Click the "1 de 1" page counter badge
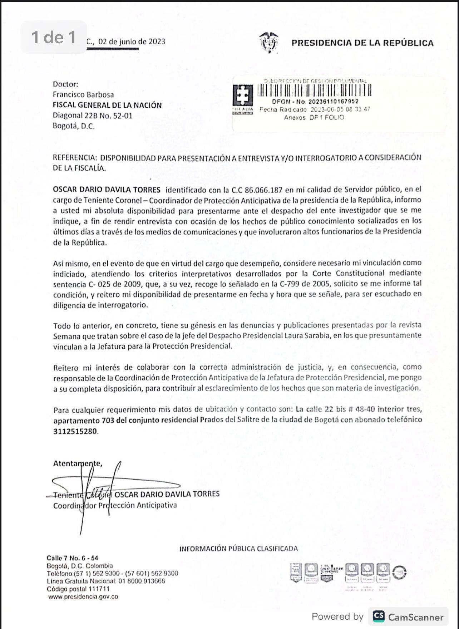54,37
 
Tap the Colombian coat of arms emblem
269,42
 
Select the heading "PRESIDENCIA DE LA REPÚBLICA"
362,43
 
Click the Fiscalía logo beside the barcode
243,99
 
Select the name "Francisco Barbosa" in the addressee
83,95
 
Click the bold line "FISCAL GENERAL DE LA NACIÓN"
107,105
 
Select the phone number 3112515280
75,431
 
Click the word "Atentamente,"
78,463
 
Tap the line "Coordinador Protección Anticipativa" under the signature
115,506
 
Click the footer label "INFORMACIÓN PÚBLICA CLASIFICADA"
238,549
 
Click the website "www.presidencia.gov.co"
83,596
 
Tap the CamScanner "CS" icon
379,616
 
